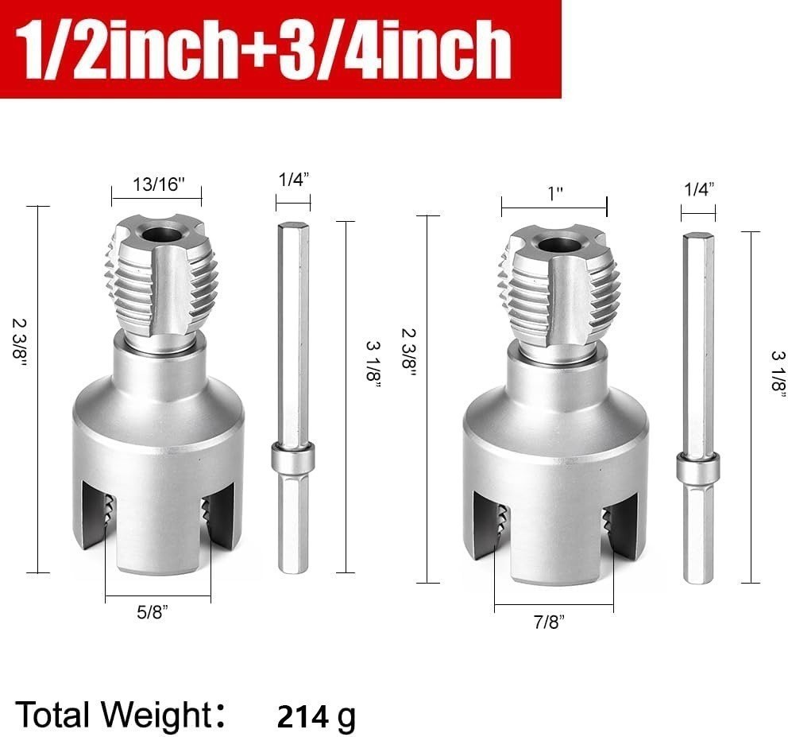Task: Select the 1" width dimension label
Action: pos(554,193)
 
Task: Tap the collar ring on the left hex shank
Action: pos(293,459)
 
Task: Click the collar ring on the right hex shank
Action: pos(698,467)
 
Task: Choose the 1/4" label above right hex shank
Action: pos(698,188)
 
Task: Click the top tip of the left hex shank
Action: pos(293,227)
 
